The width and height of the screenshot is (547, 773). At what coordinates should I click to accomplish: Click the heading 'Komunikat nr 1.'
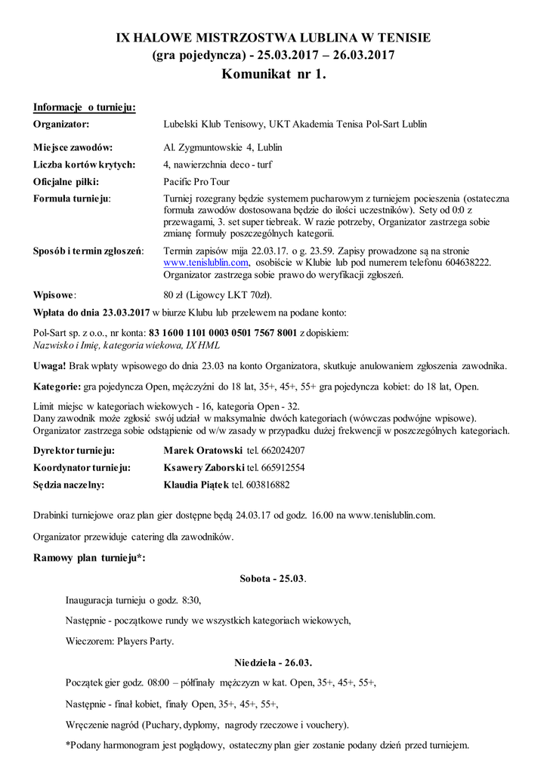tap(273, 74)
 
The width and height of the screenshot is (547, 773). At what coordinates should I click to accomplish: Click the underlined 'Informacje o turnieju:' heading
tap(85, 107)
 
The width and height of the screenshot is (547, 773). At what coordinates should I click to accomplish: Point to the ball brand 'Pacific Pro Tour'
tap(196, 182)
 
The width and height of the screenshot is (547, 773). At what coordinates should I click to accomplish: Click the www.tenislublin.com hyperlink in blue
tap(206, 263)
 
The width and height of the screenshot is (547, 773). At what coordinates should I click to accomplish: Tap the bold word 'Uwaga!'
tap(49, 366)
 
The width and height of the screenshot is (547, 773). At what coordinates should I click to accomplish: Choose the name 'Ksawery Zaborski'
tap(202, 467)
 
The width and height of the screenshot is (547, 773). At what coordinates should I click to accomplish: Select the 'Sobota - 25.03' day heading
tap(272, 579)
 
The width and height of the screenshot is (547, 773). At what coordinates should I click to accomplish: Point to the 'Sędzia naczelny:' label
tap(69, 485)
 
